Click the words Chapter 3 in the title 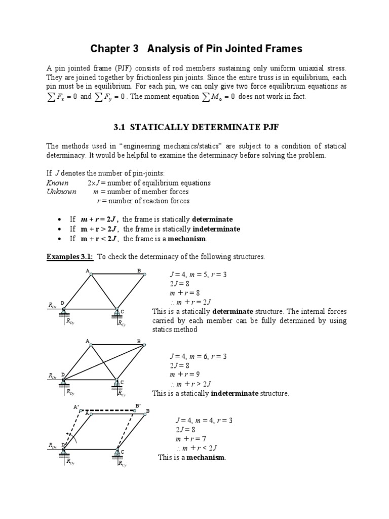click(114, 49)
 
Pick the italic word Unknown click(61, 192)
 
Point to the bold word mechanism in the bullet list click(189, 239)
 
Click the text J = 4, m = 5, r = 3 click(198, 275)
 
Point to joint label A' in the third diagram click(76, 406)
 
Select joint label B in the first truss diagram click(139, 271)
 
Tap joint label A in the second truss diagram click(87, 341)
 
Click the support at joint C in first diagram click(117, 313)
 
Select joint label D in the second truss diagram click(63, 375)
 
